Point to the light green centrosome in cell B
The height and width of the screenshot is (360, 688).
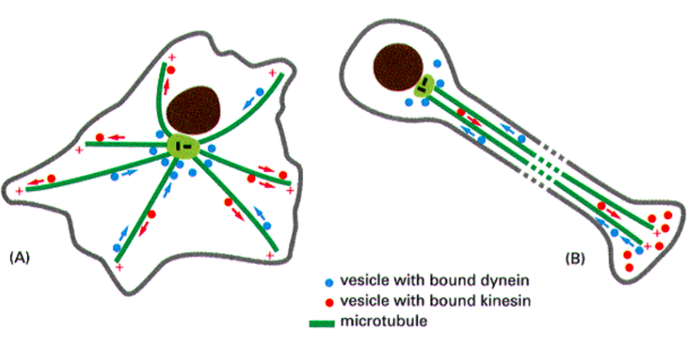[424, 87]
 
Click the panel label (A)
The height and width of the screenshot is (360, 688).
[21, 257]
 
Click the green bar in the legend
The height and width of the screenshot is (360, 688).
[324, 323]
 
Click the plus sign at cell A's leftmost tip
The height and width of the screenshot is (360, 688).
[19, 190]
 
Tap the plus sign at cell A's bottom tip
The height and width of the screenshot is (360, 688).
[119, 267]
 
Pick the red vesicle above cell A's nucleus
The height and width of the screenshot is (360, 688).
[170, 70]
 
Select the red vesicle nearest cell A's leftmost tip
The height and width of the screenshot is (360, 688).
[51, 179]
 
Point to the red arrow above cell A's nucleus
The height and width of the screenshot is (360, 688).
[167, 85]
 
